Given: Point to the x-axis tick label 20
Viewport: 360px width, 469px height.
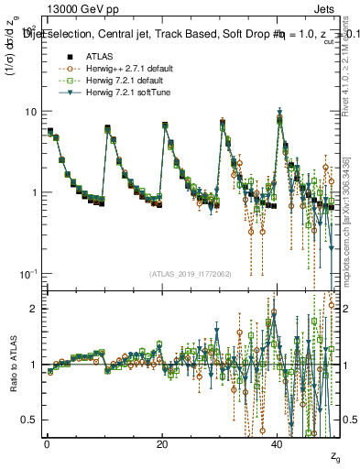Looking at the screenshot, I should tap(162, 444).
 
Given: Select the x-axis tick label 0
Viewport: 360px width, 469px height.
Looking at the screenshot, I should tap(47, 444).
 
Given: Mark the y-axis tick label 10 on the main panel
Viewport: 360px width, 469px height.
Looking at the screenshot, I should tap(29, 112).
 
